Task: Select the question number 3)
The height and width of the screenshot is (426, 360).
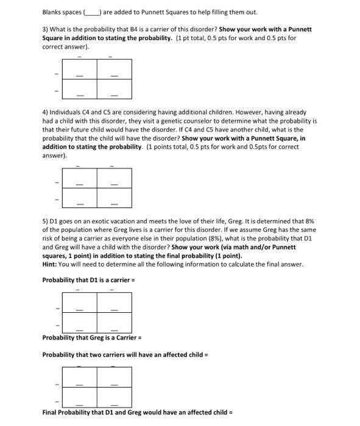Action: [x=45, y=29]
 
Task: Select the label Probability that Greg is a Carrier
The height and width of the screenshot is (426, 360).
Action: [x=91, y=338]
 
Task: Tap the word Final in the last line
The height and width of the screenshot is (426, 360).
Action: [x=50, y=413]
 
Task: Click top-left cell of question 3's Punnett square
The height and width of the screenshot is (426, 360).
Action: [x=79, y=69]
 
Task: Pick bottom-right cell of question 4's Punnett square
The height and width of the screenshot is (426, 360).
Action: [x=115, y=197]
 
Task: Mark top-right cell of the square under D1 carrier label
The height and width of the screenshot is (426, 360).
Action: [x=115, y=302]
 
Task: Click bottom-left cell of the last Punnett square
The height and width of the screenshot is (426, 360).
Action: [x=79, y=397]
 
